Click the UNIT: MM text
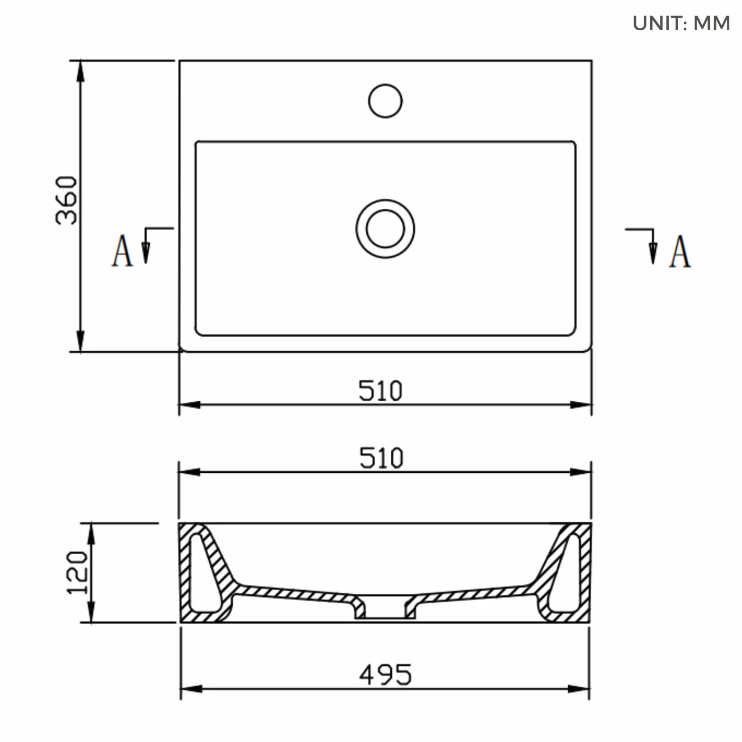pos(681,23)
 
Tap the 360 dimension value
pos(67,200)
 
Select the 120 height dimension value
pos(77,572)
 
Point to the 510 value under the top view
pos(380,391)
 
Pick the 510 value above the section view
pos(381,458)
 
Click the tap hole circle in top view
pos(385,101)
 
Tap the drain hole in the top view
pos(385,229)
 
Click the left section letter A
pos(122,251)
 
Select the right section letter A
pos(680,252)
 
